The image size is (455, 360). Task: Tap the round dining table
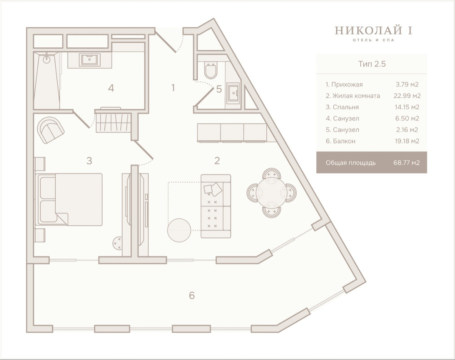click(271, 193)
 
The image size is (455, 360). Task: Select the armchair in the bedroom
click(51, 130)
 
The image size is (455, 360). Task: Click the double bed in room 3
click(69, 199)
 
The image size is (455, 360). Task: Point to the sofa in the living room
click(216, 206)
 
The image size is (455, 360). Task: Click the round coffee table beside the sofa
click(179, 230)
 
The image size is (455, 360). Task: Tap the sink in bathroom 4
click(90, 60)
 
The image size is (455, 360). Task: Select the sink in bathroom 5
click(233, 93)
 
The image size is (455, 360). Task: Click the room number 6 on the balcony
click(192, 295)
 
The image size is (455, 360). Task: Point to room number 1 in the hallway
click(173, 88)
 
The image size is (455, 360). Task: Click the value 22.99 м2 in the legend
click(407, 96)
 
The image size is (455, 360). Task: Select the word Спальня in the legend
click(346, 107)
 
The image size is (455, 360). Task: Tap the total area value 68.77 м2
click(406, 163)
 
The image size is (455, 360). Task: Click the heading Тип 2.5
click(372, 64)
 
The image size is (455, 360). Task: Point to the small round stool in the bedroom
click(118, 243)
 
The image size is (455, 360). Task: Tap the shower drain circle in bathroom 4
click(47, 59)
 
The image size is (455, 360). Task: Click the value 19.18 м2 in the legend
click(407, 141)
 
